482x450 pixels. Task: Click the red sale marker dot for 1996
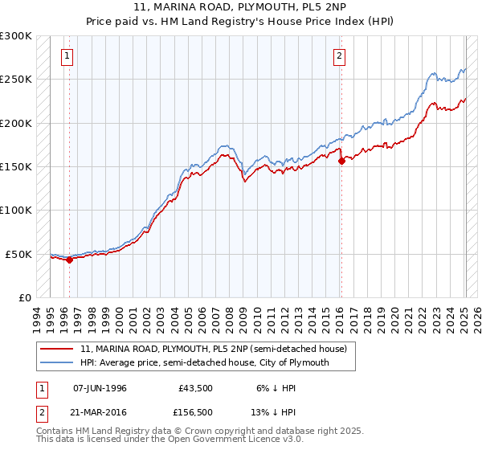tap(69, 260)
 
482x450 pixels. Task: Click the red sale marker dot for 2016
tap(341, 161)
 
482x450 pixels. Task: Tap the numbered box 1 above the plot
tap(66, 56)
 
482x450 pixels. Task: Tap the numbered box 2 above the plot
tap(340, 56)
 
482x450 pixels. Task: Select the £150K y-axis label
tap(16, 167)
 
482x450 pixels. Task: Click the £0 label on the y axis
tap(24, 297)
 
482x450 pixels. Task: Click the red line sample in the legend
tap(56, 349)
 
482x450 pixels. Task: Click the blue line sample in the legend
tap(56, 362)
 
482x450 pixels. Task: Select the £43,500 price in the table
tap(196, 388)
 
